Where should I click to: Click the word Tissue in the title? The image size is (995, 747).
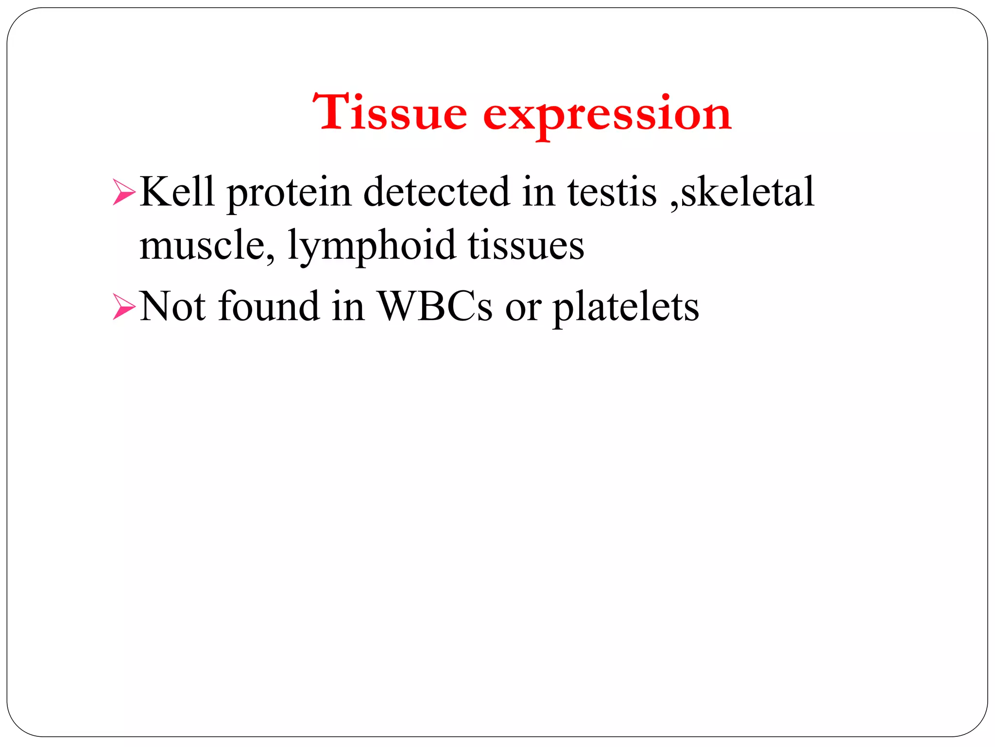click(x=390, y=113)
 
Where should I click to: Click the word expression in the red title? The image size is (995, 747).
click(x=607, y=115)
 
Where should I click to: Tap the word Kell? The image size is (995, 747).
click(x=177, y=192)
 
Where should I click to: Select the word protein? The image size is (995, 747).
click(x=289, y=194)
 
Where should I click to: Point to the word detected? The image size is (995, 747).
click(x=436, y=192)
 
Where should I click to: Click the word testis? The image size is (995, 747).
click(x=612, y=192)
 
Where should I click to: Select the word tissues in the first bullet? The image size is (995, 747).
click(x=526, y=246)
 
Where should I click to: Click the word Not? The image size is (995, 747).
click(x=172, y=306)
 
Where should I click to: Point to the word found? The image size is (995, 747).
click(x=269, y=306)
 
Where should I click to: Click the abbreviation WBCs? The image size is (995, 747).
click(x=435, y=306)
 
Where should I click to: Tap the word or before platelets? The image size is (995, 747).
click(x=523, y=308)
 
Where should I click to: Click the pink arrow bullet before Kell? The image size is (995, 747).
click(x=124, y=193)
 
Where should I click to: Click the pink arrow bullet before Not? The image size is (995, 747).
click(x=124, y=307)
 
